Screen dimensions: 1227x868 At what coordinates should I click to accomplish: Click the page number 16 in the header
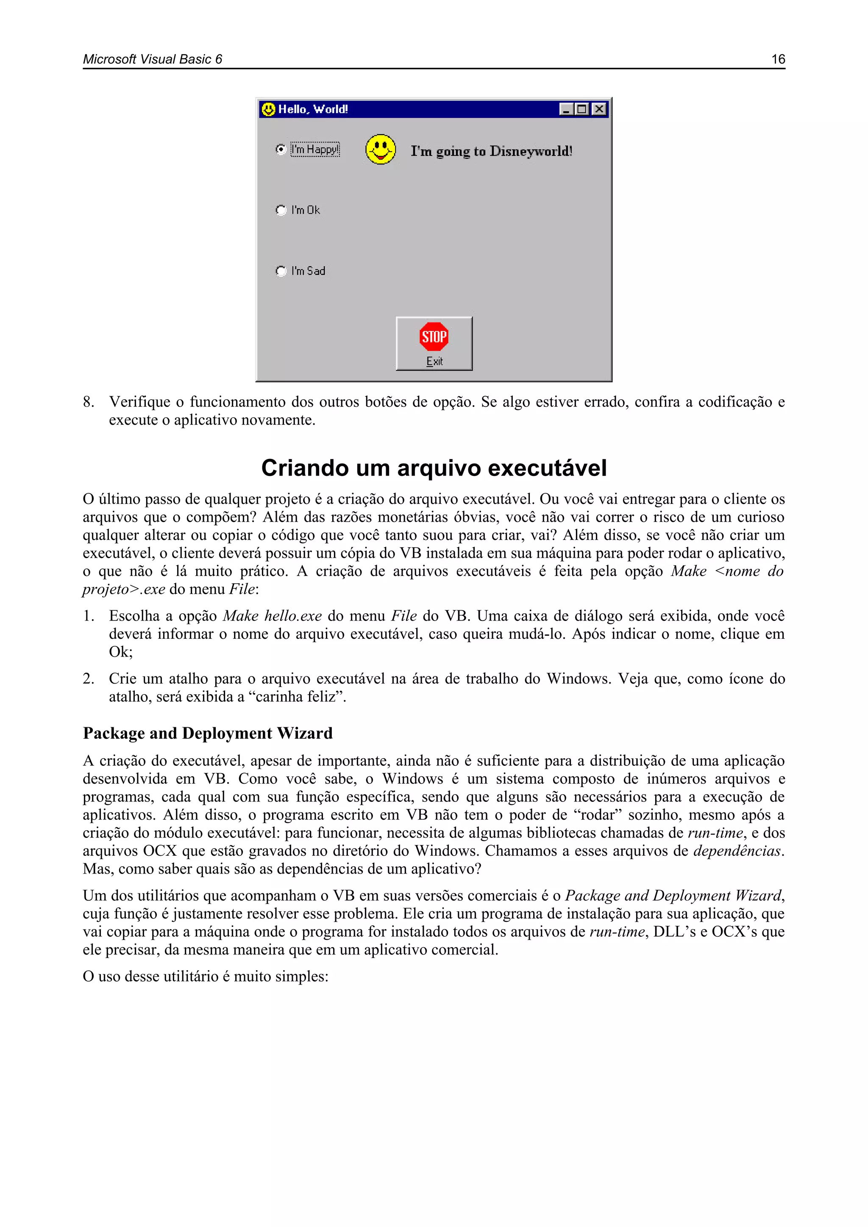point(778,59)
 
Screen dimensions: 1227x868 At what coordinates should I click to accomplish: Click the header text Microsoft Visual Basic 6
point(152,59)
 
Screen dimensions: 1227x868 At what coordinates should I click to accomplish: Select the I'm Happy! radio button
point(281,149)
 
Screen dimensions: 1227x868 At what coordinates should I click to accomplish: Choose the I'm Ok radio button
point(281,210)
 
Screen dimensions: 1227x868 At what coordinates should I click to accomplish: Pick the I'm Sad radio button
point(281,271)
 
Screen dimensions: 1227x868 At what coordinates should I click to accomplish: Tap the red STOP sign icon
point(434,337)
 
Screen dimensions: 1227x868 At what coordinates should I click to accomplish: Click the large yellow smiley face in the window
point(381,149)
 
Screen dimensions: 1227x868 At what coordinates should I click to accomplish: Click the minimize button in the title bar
point(566,109)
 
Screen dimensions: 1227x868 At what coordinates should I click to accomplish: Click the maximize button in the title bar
point(582,109)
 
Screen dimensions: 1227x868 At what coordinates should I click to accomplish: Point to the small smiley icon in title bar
point(268,109)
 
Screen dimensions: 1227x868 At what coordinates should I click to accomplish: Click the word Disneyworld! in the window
point(531,151)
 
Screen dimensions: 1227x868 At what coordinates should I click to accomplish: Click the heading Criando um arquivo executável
point(434,468)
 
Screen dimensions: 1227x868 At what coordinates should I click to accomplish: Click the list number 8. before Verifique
point(89,402)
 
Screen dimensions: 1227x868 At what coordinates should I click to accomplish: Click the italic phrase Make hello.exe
point(272,616)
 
